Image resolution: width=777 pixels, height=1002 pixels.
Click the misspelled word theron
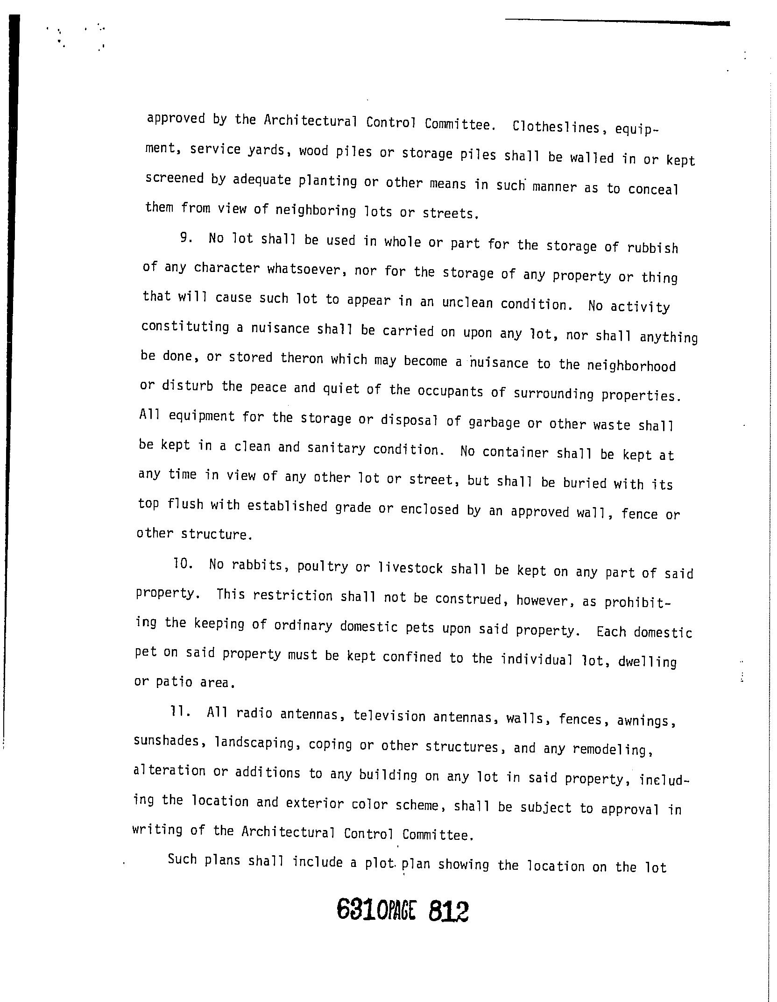click(302, 358)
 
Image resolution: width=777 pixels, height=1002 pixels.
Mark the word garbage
click(494, 422)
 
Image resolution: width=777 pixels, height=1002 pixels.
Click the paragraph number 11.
click(179, 711)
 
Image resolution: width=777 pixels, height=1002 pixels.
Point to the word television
click(389, 716)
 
